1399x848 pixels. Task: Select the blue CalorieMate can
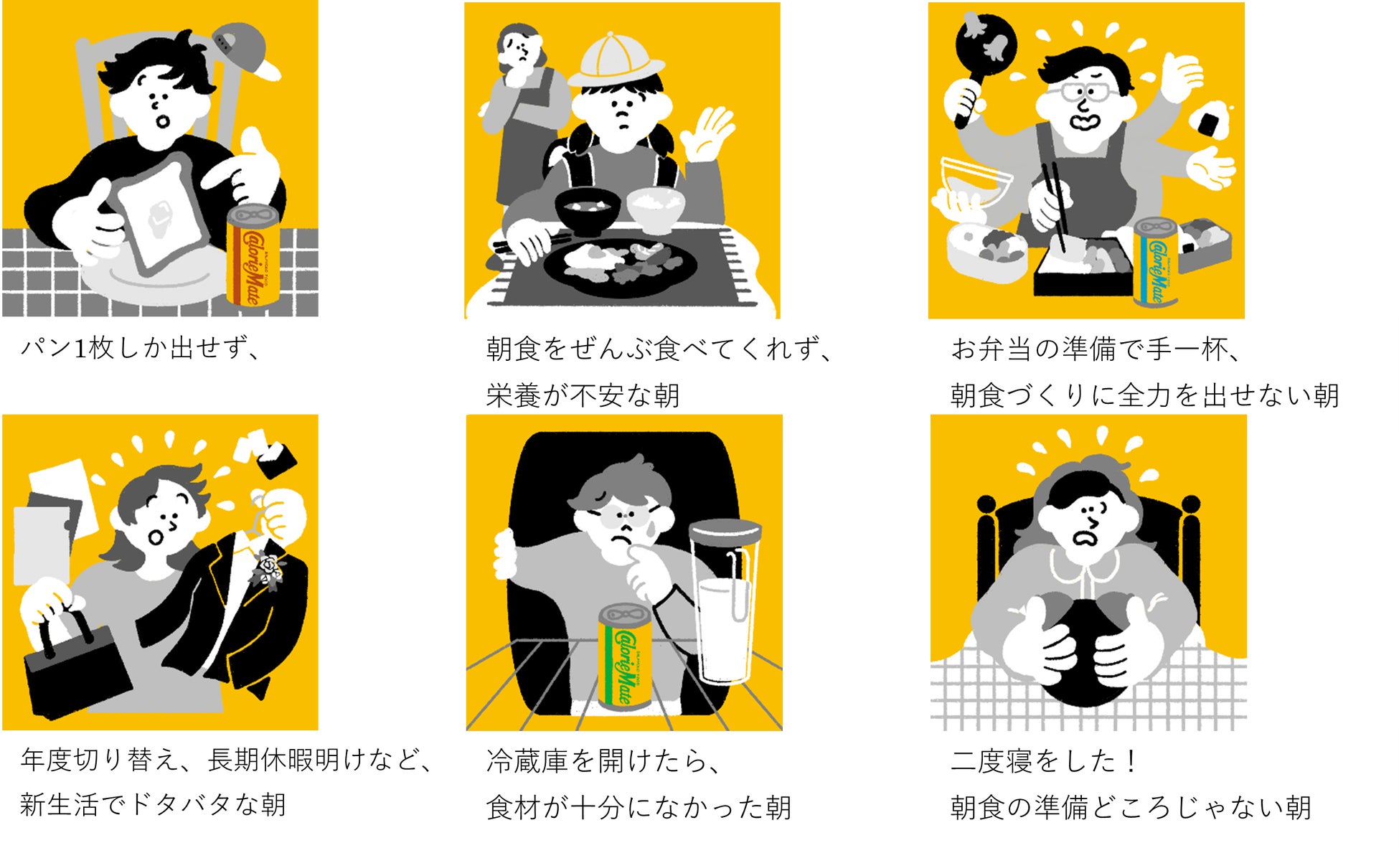pyautogui.click(x=1155, y=262)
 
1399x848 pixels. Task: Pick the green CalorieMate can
pyautogui.click(x=625, y=656)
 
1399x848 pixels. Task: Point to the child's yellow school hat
pyautogui.click(x=616, y=59)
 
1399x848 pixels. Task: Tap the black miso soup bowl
pyautogui.click(x=587, y=209)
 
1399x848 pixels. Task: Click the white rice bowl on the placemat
pyautogui.click(x=656, y=207)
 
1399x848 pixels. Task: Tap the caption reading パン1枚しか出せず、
pyautogui.click(x=141, y=349)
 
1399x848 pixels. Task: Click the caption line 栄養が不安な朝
pyautogui.click(x=583, y=395)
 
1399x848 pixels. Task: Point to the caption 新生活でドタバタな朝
pyautogui.click(x=153, y=805)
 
